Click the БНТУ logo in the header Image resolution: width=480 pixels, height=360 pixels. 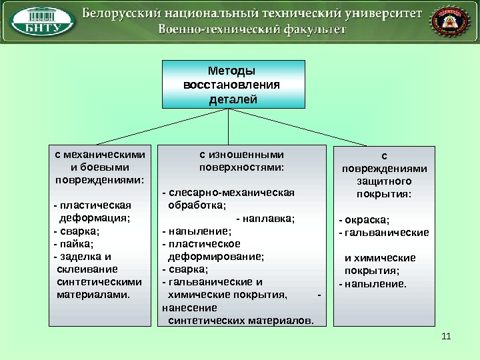(43, 23)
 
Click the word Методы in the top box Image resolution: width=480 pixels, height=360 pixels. (232, 71)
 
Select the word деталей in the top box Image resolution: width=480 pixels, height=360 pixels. (233, 99)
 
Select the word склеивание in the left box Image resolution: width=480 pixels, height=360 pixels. (87, 269)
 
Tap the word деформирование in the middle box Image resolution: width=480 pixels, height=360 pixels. (216, 256)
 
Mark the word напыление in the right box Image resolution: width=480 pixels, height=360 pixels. (375, 283)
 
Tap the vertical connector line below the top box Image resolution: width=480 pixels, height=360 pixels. (229, 125)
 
